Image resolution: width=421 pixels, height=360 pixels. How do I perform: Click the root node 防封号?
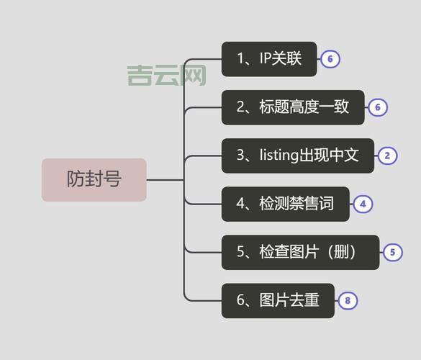click(x=94, y=179)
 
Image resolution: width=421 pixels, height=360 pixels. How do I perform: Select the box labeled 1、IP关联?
click(x=268, y=59)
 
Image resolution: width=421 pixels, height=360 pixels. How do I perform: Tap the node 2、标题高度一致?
click(x=292, y=107)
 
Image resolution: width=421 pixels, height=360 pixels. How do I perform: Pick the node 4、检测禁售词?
click(x=285, y=204)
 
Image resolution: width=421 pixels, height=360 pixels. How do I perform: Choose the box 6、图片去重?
click(x=278, y=300)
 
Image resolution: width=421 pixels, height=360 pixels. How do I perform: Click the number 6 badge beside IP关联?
click(x=330, y=59)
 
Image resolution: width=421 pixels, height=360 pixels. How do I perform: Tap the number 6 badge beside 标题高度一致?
click(x=378, y=108)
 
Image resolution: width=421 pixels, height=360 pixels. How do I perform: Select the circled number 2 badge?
click(x=387, y=156)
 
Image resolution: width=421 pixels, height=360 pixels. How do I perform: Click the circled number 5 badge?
click(x=392, y=253)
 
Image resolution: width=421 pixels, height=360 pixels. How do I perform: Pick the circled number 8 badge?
click(x=348, y=301)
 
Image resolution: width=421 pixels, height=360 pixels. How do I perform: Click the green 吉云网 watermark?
click(x=166, y=75)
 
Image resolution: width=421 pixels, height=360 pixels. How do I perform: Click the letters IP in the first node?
click(x=266, y=59)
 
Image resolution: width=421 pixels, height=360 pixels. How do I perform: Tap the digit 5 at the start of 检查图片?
click(x=241, y=253)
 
